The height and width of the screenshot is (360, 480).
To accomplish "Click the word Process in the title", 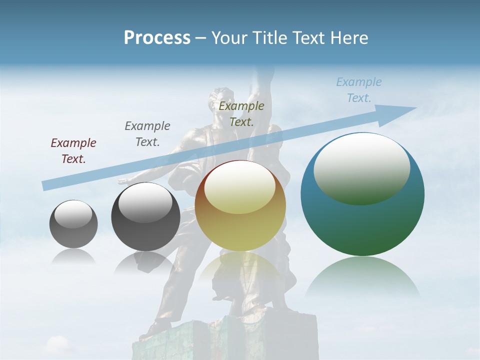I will tap(157, 37).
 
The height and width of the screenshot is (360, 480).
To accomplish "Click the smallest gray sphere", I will tap(73, 224).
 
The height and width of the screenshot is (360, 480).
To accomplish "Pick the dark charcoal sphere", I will tap(145, 216).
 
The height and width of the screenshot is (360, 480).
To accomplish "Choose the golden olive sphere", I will tap(240, 206).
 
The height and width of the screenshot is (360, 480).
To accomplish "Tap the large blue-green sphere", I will tap(362, 194).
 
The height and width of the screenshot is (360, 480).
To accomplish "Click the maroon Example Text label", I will tap(73, 151).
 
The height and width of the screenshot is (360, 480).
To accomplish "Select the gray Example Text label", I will tap(147, 133).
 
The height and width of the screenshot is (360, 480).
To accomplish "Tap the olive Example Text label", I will tap(241, 113).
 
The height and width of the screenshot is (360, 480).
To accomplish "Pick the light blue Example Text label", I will tap(359, 90).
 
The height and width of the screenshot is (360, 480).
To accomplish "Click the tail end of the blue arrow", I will tap(45, 186).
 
